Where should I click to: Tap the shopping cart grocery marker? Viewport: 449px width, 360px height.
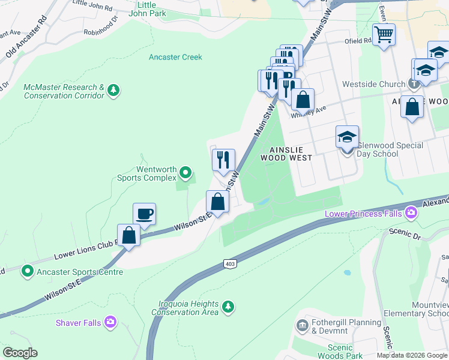pos(384,34)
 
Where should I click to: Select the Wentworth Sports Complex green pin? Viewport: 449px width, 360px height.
pos(185,174)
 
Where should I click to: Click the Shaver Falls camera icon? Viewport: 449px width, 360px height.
pos(110,323)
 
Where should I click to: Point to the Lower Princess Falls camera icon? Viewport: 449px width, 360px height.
pos(411,212)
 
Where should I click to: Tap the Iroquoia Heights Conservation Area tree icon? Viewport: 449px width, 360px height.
pos(228,308)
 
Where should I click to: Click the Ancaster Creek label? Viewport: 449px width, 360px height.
pos(175,57)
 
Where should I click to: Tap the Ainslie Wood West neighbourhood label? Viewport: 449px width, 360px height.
pos(286,154)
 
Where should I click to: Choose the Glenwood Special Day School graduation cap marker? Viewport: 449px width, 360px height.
pos(347,137)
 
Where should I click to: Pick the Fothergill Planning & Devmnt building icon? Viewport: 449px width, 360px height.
pos(302,326)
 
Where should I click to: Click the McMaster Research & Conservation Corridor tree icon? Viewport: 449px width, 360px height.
pos(113,91)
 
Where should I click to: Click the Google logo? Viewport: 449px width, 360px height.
pos(19,353)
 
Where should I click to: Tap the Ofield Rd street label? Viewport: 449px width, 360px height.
pos(359,41)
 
